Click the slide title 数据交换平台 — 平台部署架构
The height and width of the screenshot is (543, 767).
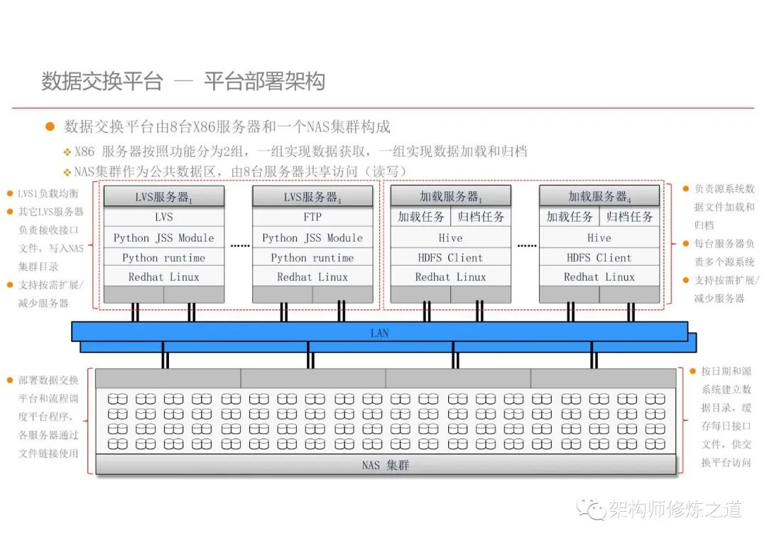click(183, 82)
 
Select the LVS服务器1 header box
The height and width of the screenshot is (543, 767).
click(164, 197)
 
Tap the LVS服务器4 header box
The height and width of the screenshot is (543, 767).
click(312, 197)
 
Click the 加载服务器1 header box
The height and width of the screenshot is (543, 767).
click(450, 197)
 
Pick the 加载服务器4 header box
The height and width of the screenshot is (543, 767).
click(599, 197)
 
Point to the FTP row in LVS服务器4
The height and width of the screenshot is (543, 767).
click(312, 217)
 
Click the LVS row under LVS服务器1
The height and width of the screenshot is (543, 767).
click(164, 217)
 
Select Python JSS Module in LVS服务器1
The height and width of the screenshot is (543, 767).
click(164, 237)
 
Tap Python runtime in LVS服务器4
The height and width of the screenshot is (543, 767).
click(312, 257)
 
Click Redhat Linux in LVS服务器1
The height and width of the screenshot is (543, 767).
click(164, 276)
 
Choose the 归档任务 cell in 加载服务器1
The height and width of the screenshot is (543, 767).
click(481, 217)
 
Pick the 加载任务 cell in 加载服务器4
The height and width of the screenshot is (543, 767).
click(570, 217)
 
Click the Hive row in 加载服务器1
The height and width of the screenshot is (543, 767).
click(450, 237)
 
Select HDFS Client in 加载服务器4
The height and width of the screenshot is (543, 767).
click(599, 257)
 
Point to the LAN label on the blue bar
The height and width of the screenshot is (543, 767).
click(380, 333)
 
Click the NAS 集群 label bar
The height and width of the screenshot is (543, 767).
click(385, 466)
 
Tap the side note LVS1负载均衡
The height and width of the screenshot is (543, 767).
click(48, 193)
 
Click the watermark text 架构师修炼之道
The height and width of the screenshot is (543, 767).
click(674, 509)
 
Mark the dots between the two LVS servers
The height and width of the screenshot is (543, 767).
click(239, 246)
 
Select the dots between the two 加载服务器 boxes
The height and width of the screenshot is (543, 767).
click(526, 246)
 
